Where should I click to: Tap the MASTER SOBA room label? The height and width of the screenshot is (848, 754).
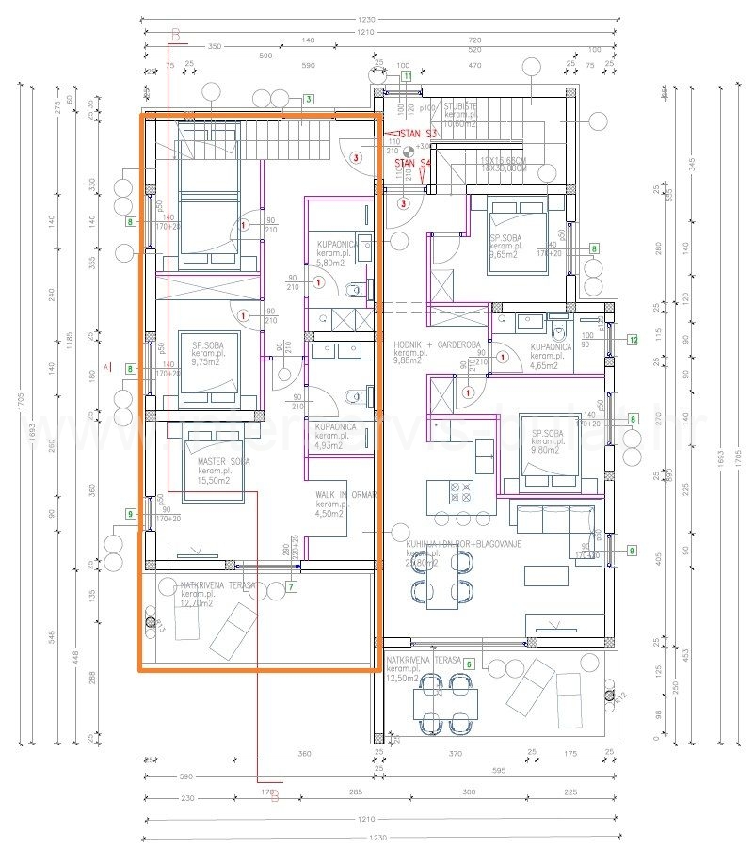223,462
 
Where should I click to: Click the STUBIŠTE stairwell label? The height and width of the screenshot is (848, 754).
461,106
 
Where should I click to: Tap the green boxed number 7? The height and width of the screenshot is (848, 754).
291,587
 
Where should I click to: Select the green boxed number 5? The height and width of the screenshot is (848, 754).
469,663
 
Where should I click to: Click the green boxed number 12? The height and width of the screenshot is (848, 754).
634,339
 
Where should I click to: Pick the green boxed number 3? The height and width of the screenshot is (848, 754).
309,100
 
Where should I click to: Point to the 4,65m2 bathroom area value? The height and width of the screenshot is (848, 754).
545,359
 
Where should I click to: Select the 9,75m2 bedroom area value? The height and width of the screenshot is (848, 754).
206,360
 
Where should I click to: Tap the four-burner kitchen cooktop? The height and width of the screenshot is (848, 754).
462,491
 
